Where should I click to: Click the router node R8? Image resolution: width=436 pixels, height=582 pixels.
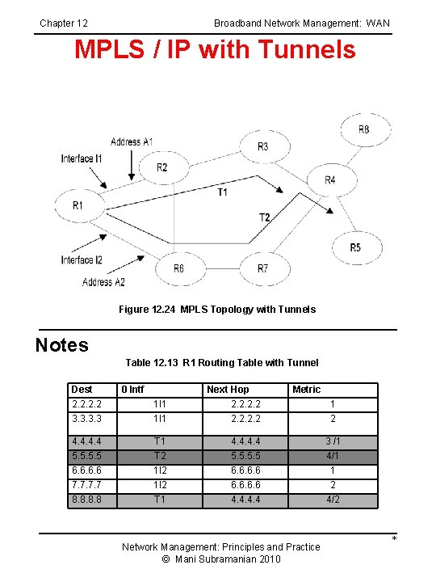364,129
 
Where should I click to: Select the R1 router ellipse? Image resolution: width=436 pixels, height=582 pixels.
78,206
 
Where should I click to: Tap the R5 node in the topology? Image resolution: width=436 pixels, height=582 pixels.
355,247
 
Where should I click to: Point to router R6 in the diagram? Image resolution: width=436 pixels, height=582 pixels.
178,268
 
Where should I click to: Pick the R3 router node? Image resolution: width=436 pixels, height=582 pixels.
263,146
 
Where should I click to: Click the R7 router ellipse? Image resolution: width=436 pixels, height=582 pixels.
263,268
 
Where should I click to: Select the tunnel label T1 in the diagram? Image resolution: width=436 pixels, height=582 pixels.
222,192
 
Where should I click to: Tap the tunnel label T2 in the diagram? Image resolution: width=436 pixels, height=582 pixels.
264,217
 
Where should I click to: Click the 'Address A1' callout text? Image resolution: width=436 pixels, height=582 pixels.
132,142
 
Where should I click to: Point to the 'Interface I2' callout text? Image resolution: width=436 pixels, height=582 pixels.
82,260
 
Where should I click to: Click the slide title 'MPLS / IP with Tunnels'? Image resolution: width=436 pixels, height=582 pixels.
215,50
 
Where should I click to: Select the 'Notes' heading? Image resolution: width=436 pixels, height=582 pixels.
62,345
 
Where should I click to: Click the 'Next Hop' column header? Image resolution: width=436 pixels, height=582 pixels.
228,390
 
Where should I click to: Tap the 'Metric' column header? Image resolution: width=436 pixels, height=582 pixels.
306,390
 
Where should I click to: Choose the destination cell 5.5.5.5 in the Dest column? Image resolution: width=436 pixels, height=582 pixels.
86,456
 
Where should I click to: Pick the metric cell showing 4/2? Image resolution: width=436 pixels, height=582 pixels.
332,500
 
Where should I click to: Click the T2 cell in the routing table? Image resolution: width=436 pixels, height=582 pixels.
160,456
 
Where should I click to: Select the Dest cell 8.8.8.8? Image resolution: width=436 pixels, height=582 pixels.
86,500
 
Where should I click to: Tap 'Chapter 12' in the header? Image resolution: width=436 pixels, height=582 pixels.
64,23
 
